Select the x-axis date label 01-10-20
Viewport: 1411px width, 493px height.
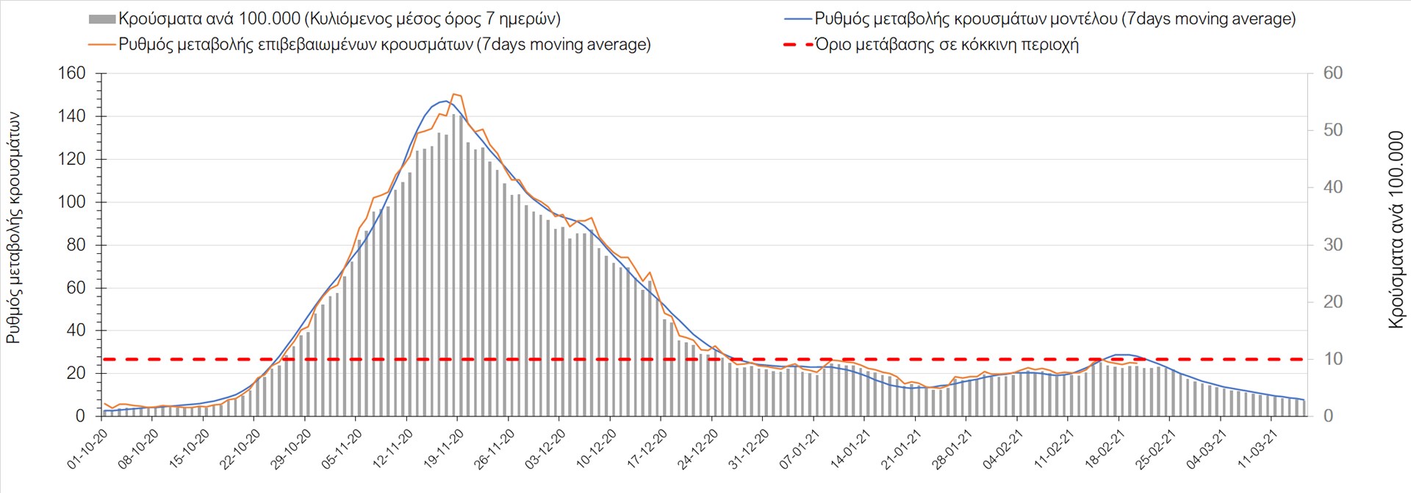pyautogui.click(x=87, y=448)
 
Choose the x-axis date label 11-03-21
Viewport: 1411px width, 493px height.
pyautogui.click(x=1258, y=448)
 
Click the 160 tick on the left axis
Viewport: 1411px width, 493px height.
pyautogui.click(x=71, y=74)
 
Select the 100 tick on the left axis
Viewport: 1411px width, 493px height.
pyautogui.click(x=71, y=202)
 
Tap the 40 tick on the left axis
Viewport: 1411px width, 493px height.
pyautogui.click(x=76, y=330)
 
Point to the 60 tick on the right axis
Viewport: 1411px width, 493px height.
pyautogui.click(x=1332, y=74)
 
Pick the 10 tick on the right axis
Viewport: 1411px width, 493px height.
pyautogui.click(x=1332, y=359)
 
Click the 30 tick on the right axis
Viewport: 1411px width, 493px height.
pyautogui.click(x=1332, y=245)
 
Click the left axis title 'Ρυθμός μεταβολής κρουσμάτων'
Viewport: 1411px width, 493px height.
pyautogui.click(x=13, y=228)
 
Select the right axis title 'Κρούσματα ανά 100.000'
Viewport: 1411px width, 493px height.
pyautogui.click(x=1396, y=230)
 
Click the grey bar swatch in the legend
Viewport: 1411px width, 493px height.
pyautogui.click(x=101, y=19)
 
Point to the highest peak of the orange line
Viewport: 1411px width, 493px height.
pyautogui.click(x=454, y=94)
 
